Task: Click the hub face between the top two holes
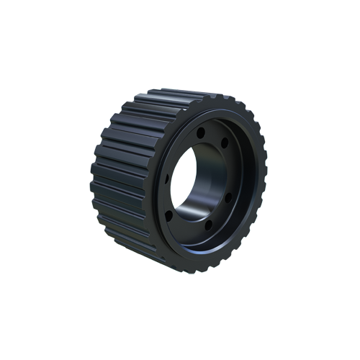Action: (x=212, y=135)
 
